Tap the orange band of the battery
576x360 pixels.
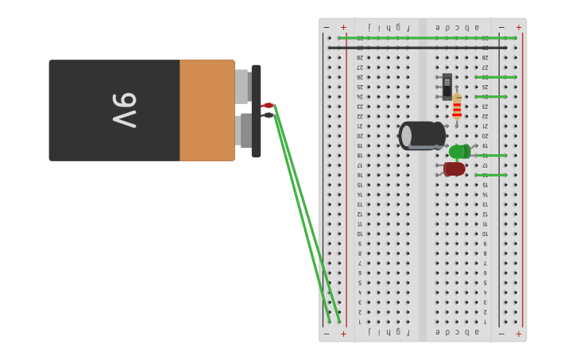(207, 110)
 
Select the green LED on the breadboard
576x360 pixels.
(459, 152)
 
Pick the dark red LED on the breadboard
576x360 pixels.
(454, 168)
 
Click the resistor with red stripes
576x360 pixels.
(457, 108)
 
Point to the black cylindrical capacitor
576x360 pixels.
(421, 135)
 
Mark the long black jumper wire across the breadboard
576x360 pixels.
(417, 48)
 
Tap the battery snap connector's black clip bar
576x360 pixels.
(256, 111)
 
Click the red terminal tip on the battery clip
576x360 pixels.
(268, 106)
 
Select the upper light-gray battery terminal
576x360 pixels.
(242, 87)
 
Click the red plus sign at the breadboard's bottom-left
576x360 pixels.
(343, 334)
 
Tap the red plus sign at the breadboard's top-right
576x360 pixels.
(519, 27)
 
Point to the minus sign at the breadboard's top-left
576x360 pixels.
(327, 27)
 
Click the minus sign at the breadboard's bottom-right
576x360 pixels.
(501, 334)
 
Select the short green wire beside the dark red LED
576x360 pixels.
(491, 175)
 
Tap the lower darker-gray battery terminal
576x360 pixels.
(245, 131)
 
